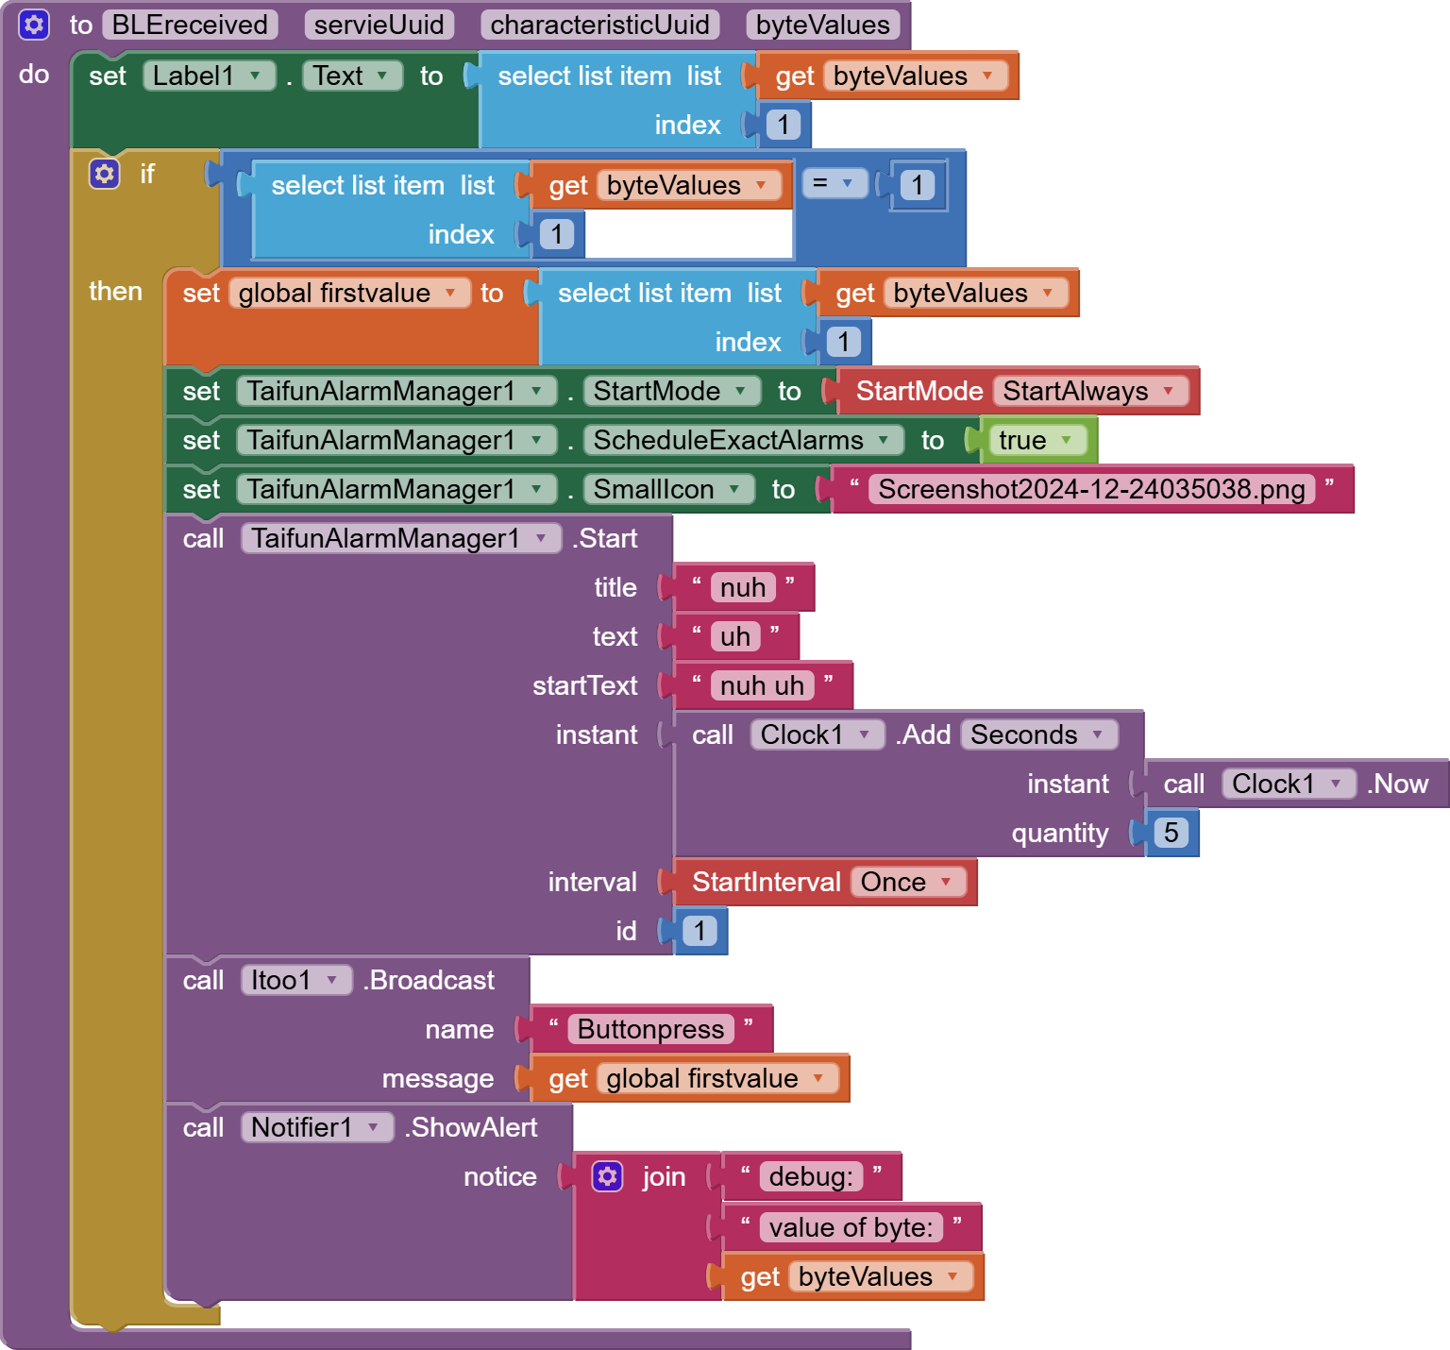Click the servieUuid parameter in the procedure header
point(379,25)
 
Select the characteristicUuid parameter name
point(599,25)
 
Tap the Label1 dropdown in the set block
point(208,76)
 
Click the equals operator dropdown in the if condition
point(834,183)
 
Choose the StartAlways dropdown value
point(1087,391)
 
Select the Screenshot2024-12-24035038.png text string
point(1091,489)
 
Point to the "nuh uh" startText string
point(762,685)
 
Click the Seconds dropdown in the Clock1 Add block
point(1037,734)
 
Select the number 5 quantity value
point(1171,833)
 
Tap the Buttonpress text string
point(650,1029)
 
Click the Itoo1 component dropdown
point(295,980)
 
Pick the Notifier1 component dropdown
point(315,1127)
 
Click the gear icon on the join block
point(607,1176)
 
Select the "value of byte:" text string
point(851,1227)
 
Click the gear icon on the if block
point(105,174)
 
